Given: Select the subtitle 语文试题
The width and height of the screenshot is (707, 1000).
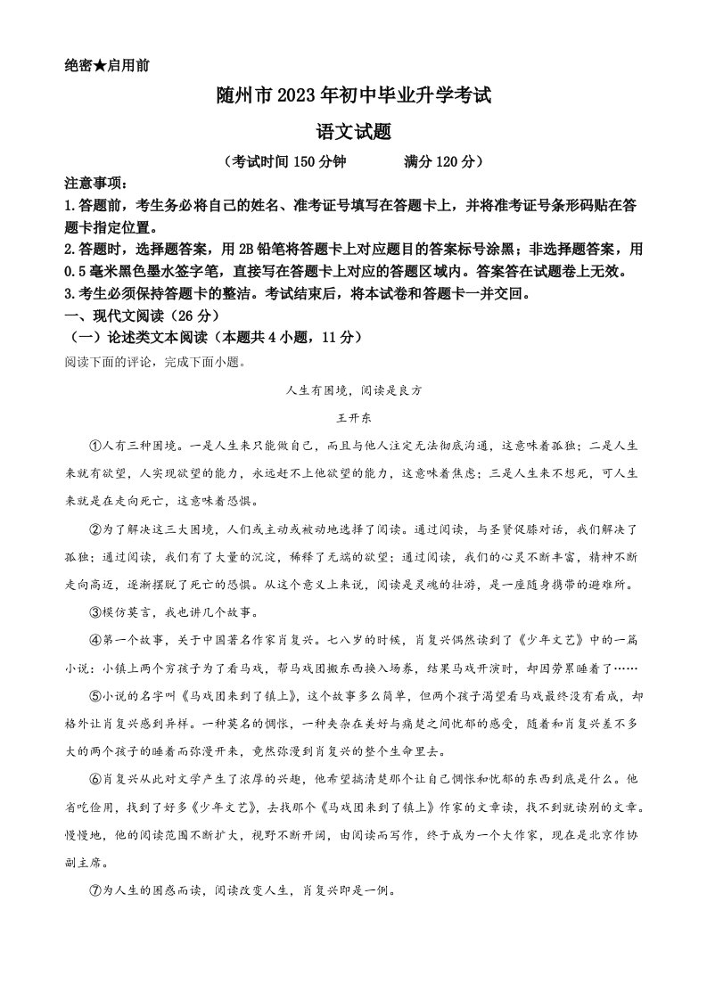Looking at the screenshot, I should coord(353,130).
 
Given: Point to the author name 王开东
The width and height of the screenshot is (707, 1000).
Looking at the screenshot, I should coord(353,417).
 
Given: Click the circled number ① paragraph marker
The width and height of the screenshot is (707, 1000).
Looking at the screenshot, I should coord(96,445).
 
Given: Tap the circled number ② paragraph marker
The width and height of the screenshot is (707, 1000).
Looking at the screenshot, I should coord(96,529).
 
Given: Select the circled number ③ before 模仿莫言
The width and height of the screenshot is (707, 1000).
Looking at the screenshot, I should coord(96,613).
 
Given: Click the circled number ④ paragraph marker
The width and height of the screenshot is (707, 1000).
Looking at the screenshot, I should coord(96,640).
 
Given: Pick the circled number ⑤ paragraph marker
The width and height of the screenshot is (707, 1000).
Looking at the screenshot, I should coord(96,697).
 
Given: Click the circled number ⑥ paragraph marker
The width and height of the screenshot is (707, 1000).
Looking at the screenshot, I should coord(96,780).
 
